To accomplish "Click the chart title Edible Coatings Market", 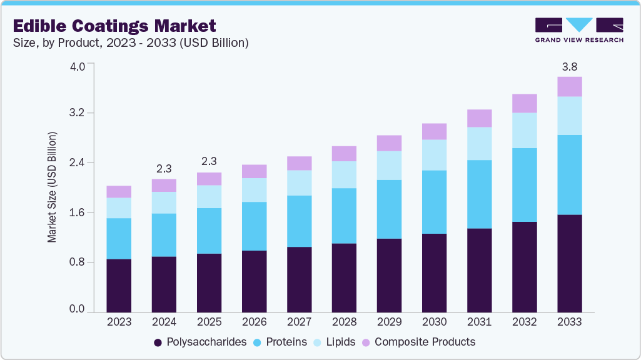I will pos(114,26).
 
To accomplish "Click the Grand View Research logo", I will pos(579,30).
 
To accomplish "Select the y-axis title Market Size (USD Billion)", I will pos(53,187).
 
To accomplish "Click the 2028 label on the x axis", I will pos(344,322).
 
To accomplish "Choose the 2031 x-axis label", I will pos(479,322).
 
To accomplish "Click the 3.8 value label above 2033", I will pos(569,66).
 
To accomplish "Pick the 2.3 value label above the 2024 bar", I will pos(164,169).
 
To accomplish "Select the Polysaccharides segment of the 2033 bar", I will pos(569,263).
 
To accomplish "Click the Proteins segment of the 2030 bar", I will pos(434,202).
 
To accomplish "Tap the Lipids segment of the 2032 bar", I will pos(524,130).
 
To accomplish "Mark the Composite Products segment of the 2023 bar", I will pos(119,191).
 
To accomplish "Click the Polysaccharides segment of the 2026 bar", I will pos(254,281).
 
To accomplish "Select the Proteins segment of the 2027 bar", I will pos(299,221).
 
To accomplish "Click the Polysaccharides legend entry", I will pos(200,342).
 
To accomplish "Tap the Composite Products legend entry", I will pos(418,342).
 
